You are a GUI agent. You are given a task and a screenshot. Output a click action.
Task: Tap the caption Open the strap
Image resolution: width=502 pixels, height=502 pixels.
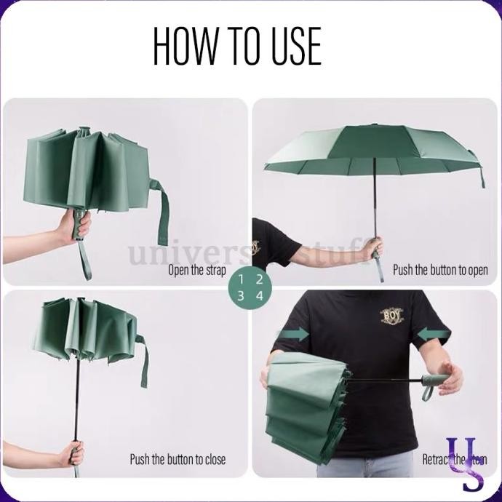(x=196, y=270)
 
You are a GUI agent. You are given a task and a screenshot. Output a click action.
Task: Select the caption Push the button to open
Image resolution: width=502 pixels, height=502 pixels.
(x=440, y=270)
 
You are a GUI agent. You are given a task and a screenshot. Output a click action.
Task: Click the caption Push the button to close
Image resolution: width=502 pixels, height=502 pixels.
(x=178, y=459)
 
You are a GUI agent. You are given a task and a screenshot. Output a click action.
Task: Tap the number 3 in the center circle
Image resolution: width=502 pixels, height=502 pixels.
(x=241, y=295)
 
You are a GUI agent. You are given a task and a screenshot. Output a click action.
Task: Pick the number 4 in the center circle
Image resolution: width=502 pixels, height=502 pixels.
(x=259, y=295)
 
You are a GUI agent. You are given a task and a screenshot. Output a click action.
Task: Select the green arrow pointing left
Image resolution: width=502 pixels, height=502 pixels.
(x=435, y=334)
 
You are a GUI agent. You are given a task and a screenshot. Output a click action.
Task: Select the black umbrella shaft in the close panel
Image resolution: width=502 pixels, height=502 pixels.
(x=76, y=393)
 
